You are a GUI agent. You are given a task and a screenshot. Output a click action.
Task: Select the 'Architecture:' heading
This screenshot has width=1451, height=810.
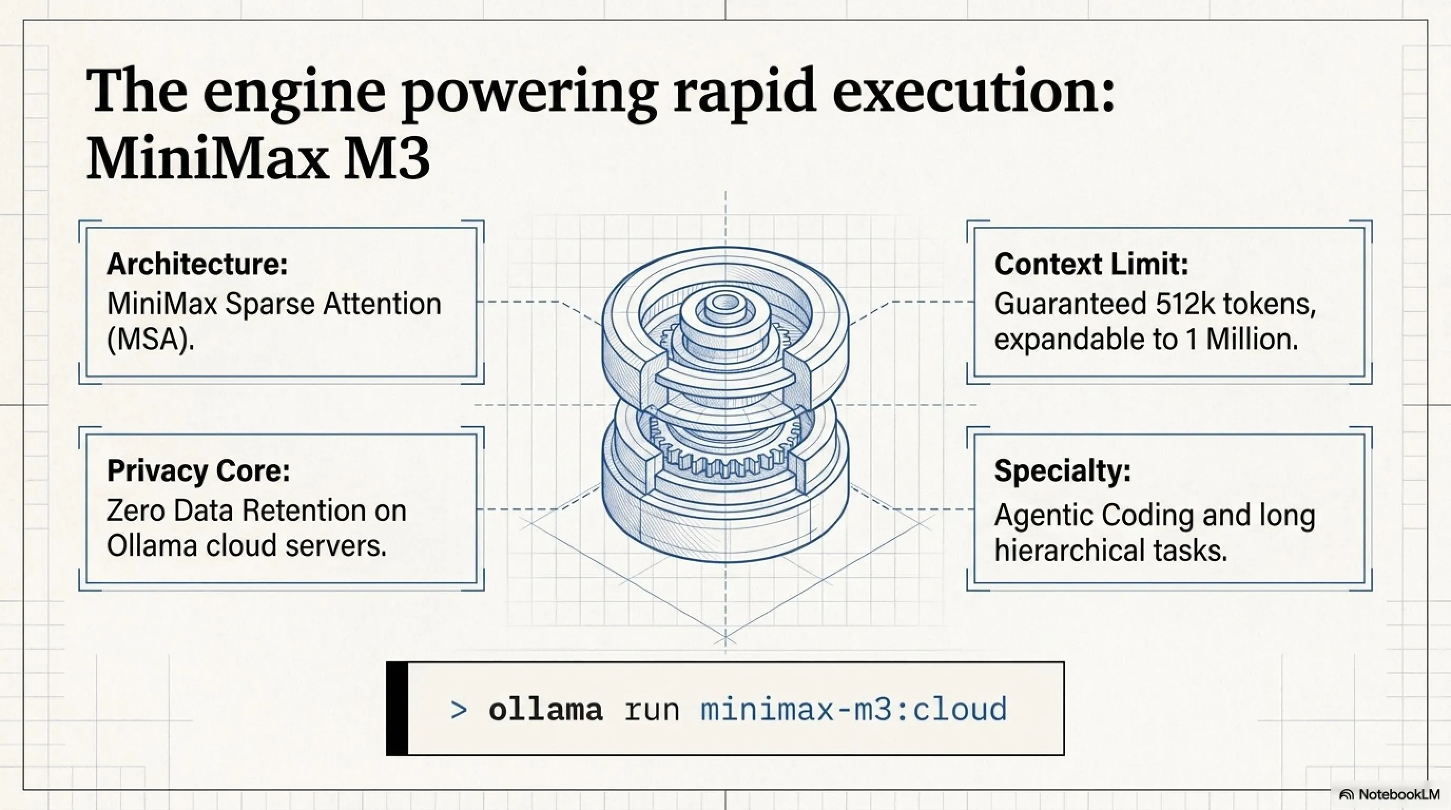(x=197, y=264)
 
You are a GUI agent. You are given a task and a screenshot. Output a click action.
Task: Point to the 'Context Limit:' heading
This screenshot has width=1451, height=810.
(x=1091, y=264)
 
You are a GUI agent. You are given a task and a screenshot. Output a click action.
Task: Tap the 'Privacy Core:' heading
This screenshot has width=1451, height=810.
(x=198, y=470)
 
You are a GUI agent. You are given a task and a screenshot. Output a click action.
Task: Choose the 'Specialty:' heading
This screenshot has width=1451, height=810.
(x=1062, y=470)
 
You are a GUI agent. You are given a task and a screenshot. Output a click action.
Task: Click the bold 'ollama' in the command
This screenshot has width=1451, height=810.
(x=545, y=709)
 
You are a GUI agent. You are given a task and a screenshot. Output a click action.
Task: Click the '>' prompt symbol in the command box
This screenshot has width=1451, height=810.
(x=459, y=710)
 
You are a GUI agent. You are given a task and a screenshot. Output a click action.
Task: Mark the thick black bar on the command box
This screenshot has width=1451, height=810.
(x=397, y=709)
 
